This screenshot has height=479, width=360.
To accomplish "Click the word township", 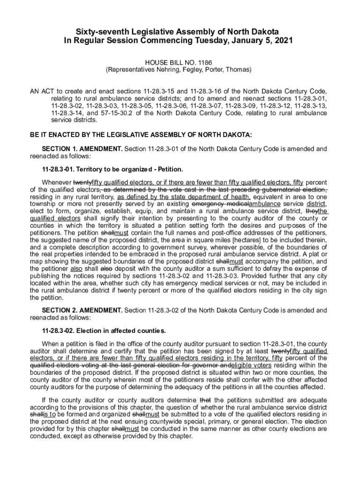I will pyautogui.click(x=42, y=204).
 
